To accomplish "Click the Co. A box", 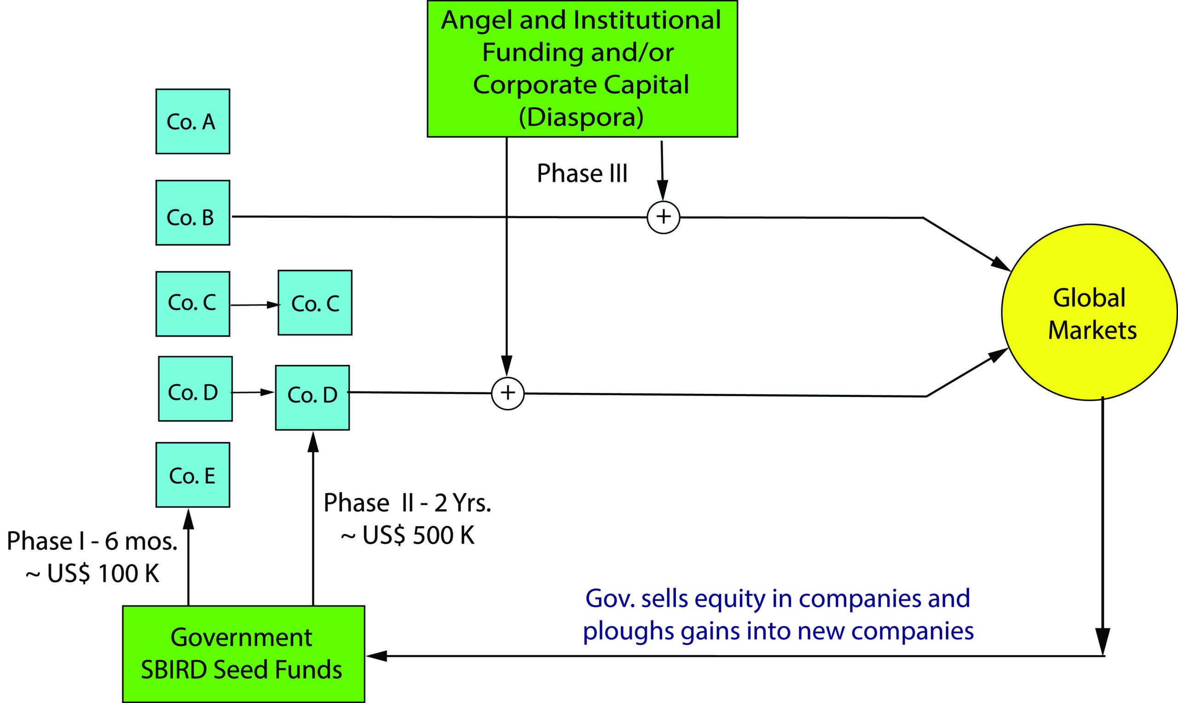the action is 193,121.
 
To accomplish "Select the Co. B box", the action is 193,213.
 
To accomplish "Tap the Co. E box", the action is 193,475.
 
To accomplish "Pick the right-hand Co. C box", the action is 315,303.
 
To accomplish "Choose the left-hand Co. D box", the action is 195,389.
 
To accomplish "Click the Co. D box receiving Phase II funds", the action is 312,398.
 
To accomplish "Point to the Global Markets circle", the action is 1090,313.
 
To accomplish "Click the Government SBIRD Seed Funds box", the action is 243,654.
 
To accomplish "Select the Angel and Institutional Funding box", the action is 582,69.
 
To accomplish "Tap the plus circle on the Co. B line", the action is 663,217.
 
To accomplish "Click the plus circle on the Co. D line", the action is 508,393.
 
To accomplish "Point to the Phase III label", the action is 582,173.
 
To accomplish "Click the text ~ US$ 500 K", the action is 408,536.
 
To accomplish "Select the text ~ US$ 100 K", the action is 92,573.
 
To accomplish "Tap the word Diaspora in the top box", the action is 581,117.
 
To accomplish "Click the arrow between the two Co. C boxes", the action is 255,305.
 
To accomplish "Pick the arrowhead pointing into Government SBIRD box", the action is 376,656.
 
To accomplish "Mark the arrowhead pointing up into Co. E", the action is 189,519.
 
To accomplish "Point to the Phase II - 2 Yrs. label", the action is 407,502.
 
